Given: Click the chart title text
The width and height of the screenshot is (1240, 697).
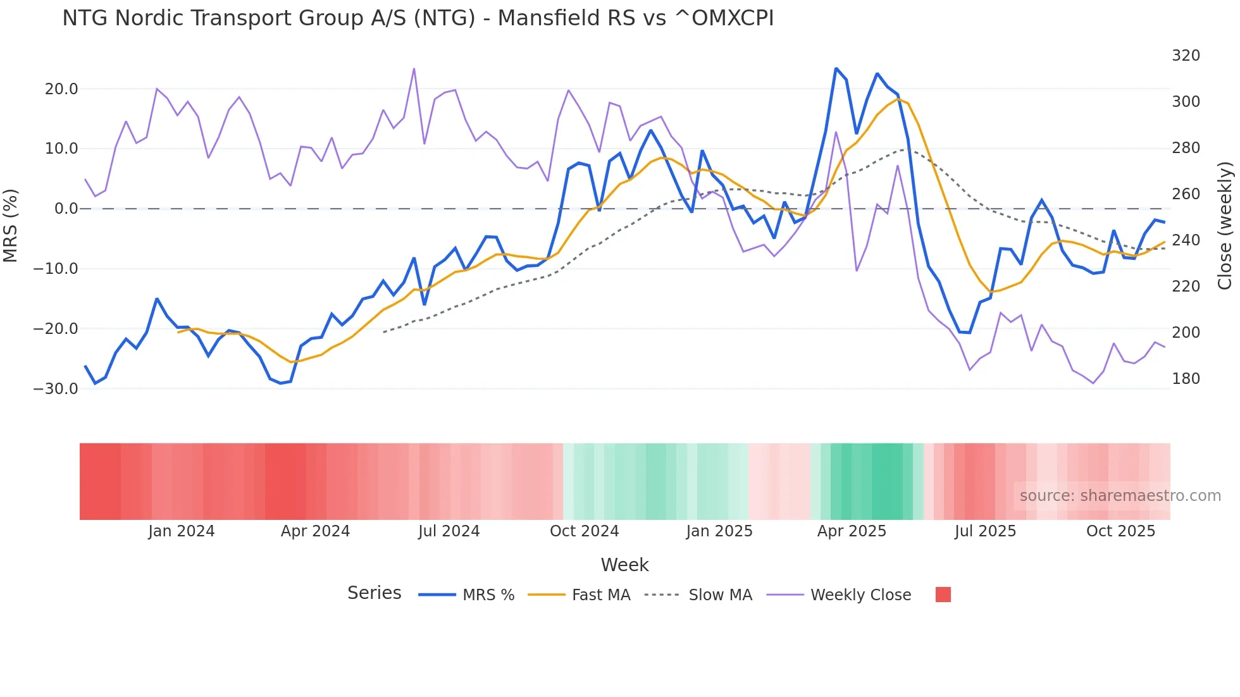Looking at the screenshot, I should pos(418,18).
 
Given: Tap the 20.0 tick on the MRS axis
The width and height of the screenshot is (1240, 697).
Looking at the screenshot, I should pos(61,89).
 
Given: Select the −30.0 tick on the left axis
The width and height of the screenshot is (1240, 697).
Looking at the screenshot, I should pos(56,389).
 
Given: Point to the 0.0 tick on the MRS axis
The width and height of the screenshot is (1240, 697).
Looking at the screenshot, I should pos(66,209).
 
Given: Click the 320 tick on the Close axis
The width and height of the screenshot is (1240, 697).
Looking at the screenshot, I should pos(1186,56).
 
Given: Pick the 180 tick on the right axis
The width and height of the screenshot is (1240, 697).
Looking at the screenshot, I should pos(1186,379).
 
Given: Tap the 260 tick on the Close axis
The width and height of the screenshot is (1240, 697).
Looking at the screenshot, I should pos(1186,194).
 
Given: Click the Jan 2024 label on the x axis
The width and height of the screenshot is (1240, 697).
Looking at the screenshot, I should pos(182,531).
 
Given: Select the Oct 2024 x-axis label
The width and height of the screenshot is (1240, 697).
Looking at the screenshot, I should pos(584,531).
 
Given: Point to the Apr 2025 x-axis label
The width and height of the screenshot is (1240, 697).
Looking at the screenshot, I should pos(852,531).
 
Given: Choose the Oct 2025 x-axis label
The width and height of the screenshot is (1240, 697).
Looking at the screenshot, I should pos(1120,531).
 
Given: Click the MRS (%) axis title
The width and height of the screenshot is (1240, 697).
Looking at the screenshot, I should pos(11,225).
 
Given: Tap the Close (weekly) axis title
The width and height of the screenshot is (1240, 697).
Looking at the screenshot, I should pos(1225,225).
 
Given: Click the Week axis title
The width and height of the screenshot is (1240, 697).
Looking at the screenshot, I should pos(624,565).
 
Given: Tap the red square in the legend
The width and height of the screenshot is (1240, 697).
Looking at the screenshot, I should pos(943,595).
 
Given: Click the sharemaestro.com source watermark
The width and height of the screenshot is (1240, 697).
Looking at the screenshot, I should pos(1120,496).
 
